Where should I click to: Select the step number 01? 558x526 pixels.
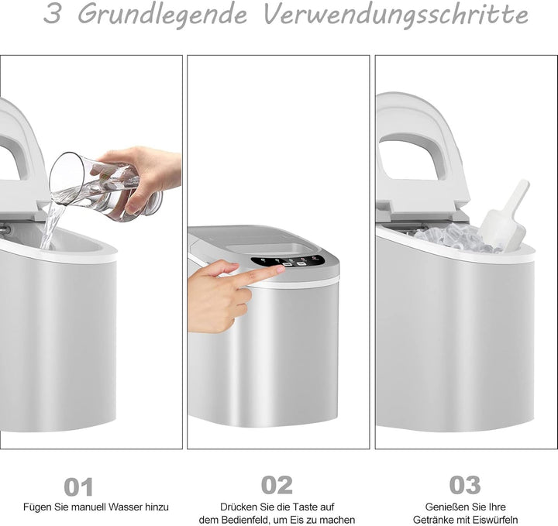78,486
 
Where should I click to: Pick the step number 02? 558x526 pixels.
277,485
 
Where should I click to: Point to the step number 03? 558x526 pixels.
465,485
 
